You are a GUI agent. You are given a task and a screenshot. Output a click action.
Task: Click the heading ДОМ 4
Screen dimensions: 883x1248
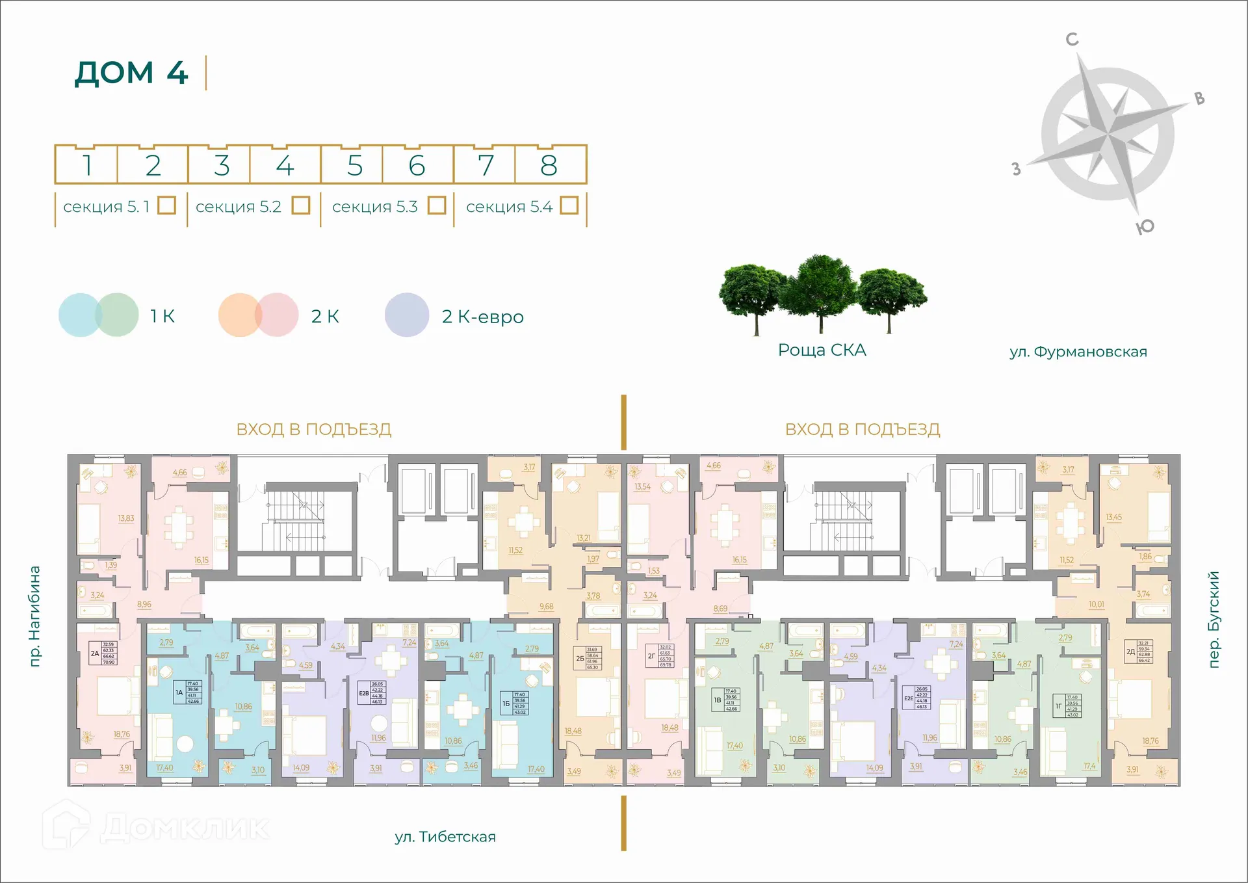tap(131, 73)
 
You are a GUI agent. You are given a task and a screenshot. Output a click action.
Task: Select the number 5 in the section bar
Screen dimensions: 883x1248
tap(354, 166)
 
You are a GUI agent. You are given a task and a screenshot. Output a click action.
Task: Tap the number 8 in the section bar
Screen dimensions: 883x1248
tap(549, 166)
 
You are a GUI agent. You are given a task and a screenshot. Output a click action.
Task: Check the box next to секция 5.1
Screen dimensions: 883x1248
tap(167, 205)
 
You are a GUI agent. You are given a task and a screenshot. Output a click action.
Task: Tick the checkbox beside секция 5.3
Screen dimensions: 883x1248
tap(437, 205)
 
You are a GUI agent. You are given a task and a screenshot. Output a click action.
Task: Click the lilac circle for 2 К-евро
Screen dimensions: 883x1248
tap(407, 315)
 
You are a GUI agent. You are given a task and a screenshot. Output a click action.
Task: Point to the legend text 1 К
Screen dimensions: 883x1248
tap(162, 317)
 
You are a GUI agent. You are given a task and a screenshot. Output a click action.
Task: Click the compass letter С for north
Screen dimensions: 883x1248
tap(1072, 40)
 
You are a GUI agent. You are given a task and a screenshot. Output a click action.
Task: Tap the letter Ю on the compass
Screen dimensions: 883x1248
tap(1145, 226)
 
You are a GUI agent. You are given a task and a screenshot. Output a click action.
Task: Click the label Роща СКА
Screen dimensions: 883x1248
tap(822, 350)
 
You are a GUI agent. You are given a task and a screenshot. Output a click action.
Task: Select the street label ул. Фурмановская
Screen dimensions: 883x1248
tap(1078, 352)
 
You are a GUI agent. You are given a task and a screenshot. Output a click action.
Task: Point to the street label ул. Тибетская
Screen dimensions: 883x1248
tap(445, 837)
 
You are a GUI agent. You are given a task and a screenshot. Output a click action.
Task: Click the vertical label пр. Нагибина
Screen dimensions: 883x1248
tap(35, 616)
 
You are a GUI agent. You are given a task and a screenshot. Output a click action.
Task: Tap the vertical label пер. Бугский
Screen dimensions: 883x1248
tap(1213, 619)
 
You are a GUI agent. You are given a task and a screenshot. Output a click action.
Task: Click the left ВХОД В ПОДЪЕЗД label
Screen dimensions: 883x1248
tap(314, 429)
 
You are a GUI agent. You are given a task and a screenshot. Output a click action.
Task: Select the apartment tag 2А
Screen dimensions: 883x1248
tap(95, 653)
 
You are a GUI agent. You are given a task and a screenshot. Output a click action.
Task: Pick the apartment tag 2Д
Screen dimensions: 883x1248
tap(1130, 652)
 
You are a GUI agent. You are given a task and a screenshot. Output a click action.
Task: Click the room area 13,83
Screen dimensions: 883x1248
tap(126, 518)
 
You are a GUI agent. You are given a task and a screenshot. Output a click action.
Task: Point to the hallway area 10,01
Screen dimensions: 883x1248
tap(1097, 605)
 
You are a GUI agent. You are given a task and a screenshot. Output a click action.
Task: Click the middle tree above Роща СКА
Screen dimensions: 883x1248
tap(820, 293)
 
